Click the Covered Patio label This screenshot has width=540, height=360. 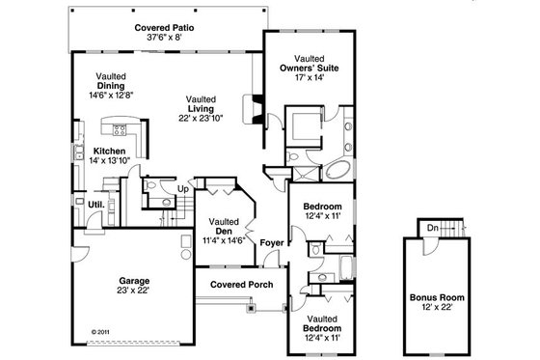(165, 29)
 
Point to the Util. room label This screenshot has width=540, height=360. (96, 205)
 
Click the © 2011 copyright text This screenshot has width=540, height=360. (101, 331)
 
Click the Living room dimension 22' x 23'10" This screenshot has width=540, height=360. (201, 118)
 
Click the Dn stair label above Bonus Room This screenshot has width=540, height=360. (433, 228)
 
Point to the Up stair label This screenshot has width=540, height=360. (182, 189)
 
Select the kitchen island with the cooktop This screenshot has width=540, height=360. (122, 129)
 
